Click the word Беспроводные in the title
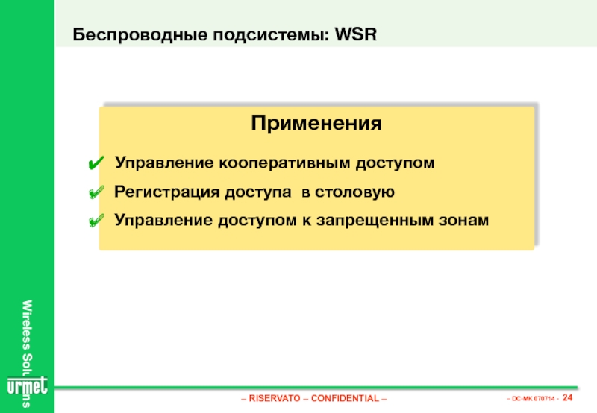pyautogui.click(x=140, y=34)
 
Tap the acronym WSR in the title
pyautogui.click(x=356, y=34)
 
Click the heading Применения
pyautogui.click(x=316, y=123)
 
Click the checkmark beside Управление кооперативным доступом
pyautogui.click(x=96, y=163)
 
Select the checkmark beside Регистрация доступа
pyautogui.click(x=96, y=192)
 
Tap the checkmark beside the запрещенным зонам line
pyautogui.click(x=96, y=221)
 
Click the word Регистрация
pyautogui.click(x=166, y=192)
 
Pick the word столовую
pyautogui.click(x=355, y=192)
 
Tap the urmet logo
pyautogui.click(x=28, y=386)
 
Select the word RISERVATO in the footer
pyautogui.click(x=275, y=398)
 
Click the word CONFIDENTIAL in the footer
pyautogui.click(x=345, y=398)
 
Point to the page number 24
pyautogui.click(x=567, y=397)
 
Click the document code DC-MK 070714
pyautogui.click(x=533, y=399)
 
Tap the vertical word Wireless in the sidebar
pyautogui.click(x=27, y=324)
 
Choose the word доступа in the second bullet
pyautogui.click(x=257, y=192)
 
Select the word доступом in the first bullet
pyautogui.click(x=395, y=163)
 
